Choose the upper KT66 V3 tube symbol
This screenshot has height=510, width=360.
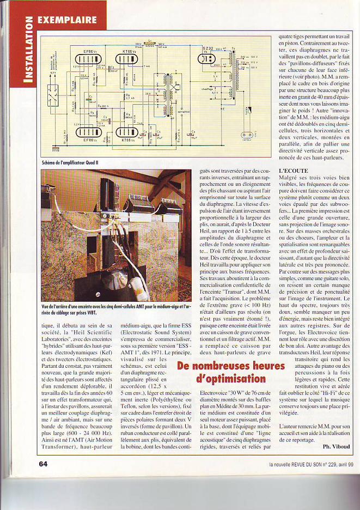(x=129, y=60)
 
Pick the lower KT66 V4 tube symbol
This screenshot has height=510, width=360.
(x=129, y=132)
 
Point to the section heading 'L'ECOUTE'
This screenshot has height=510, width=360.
(x=293, y=171)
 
